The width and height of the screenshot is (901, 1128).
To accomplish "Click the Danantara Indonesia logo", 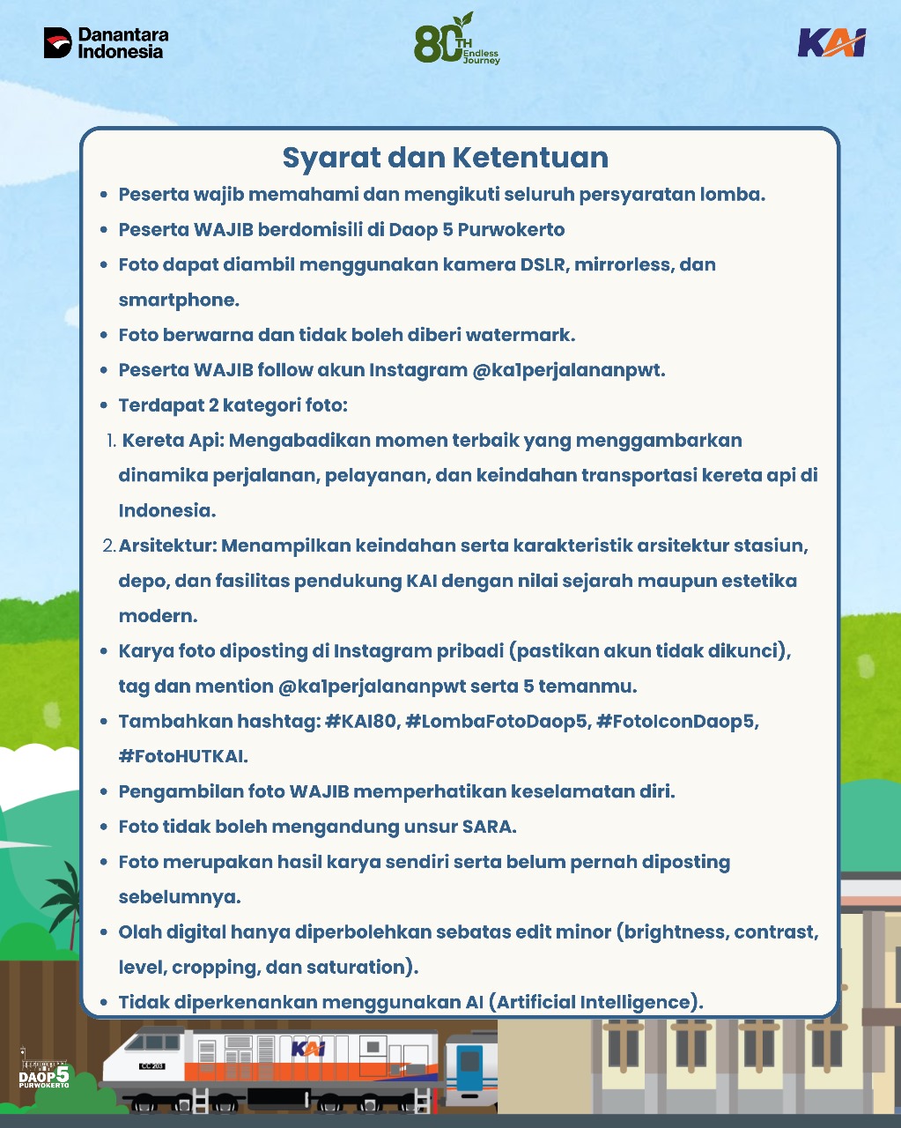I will (106, 42).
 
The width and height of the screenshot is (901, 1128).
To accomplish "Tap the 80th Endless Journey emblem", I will (456, 41).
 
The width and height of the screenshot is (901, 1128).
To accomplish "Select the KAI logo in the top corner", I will (831, 42).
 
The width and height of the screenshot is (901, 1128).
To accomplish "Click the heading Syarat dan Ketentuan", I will (445, 158).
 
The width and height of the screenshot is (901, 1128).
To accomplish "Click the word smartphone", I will (179, 300).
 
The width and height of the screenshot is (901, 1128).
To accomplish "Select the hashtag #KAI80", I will (360, 721).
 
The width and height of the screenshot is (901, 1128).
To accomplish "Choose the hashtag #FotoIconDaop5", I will (677, 721).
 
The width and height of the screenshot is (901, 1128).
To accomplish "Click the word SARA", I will (489, 827).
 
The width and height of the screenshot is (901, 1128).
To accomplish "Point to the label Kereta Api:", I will (173, 440).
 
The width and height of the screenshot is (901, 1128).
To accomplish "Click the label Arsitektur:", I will (168, 545).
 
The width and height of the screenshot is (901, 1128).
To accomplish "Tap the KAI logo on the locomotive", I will (308, 1048).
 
